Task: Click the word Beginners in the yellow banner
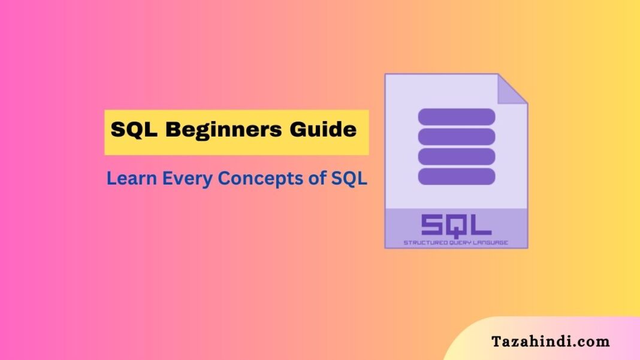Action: click(x=224, y=130)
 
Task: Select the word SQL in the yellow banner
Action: click(x=134, y=129)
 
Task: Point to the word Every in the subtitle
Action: click(x=188, y=179)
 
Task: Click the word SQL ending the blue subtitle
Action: click(x=349, y=179)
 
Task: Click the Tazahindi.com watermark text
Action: click(x=550, y=341)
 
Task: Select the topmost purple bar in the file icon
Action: click(x=456, y=117)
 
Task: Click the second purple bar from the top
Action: click(x=456, y=137)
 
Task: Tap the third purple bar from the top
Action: click(x=456, y=157)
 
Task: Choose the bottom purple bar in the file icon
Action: click(x=456, y=177)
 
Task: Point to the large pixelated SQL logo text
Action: click(x=456, y=226)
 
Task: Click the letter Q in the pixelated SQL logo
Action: click(x=456, y=226)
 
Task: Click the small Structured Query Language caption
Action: click(x=456, y=243)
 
